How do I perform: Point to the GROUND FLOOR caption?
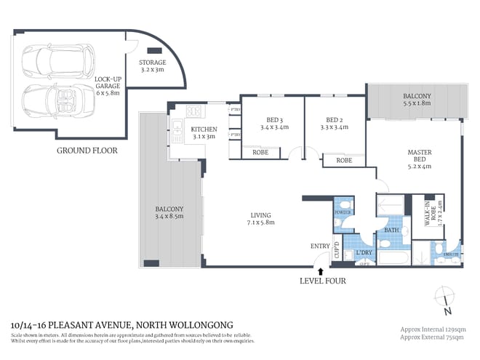[x=87, y=151]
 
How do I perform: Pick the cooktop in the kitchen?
[x=193, y=111]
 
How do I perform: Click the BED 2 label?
[x=335, y=120]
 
